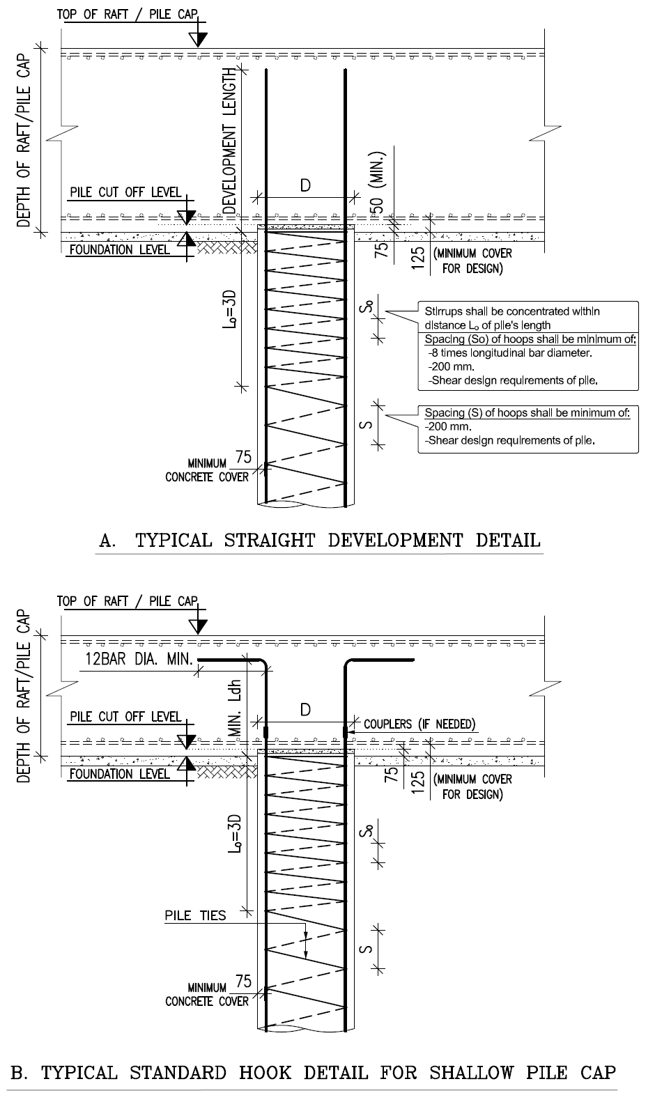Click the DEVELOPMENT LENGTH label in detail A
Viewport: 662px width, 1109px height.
[x=230, y=141]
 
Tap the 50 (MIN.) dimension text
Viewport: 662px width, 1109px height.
[x=378, y=183]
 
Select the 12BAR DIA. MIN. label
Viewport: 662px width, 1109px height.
[x=139, y=659]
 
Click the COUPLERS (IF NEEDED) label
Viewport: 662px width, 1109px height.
[x=419, y=724]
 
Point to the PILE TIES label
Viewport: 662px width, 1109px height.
[x=195, y=915]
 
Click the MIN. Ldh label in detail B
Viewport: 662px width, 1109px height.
[x=236, y=708]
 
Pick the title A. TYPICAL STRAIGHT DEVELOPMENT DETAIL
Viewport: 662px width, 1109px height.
[x=320, y=540]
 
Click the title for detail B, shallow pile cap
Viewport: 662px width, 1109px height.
[x=314, y=1072]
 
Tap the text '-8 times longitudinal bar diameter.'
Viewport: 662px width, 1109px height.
[x=510, y=353]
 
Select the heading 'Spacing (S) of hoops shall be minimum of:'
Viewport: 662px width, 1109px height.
[x=528, y=412]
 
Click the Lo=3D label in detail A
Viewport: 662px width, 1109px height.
[x=229, y=309]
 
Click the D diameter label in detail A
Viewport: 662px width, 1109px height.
[x=305, y=186]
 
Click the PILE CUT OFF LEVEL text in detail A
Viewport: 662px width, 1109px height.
[x=125, y=192]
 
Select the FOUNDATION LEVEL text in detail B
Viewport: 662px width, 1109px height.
[x=120, y=774]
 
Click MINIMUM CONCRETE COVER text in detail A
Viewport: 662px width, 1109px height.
[x=207, y=470]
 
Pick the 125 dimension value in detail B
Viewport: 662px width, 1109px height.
[x=418, y=782]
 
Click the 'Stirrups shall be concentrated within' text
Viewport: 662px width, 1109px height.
[x=512, y=311]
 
